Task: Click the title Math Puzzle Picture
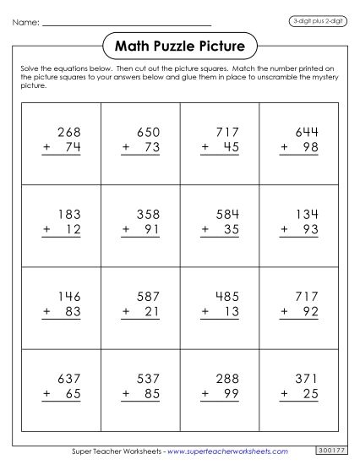point(178,44)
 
